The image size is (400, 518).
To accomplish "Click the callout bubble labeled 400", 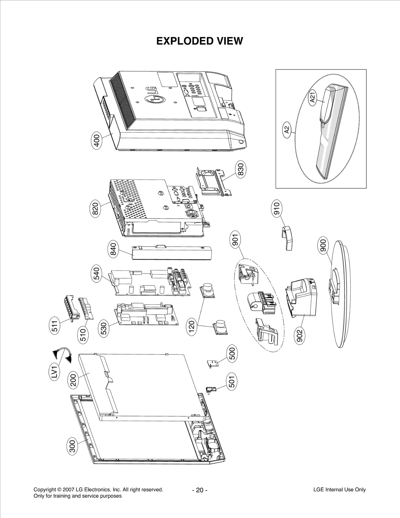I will (x=97, y=142).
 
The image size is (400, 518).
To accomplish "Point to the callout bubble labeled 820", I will (x=96, y=209).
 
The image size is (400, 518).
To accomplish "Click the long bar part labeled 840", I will (x=171, y=253).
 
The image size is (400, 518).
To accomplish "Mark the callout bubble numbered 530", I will (x=103, y=329).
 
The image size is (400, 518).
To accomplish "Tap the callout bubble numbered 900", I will (x=323, y=246).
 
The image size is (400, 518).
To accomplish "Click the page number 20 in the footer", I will (x=199, y=490).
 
